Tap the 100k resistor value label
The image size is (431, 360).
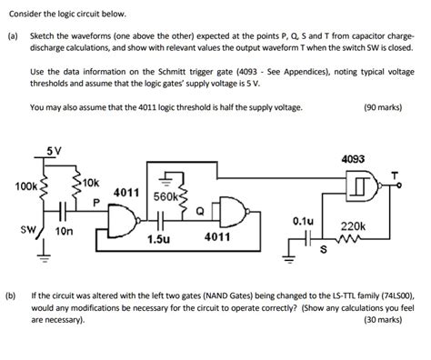26,186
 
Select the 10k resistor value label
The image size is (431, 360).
90,183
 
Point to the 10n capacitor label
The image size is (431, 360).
64,232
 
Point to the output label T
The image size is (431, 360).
395,175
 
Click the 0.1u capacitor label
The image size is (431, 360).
303,220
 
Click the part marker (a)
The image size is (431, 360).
12,30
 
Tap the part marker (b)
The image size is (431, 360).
12,296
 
